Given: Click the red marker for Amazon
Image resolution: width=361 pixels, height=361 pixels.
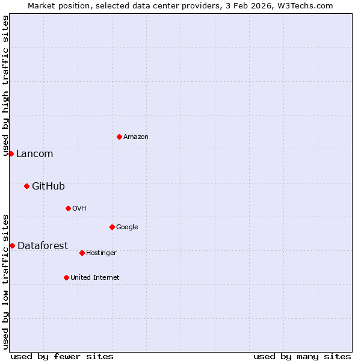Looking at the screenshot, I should (119, 137).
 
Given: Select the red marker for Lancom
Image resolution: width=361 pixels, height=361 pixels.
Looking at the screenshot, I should (11, 153).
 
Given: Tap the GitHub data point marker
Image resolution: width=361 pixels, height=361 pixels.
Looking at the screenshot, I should (26, 186).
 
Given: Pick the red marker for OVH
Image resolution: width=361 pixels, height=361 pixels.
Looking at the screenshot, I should (68, 208).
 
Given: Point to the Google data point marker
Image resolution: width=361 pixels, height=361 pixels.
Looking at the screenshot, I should (112, 227).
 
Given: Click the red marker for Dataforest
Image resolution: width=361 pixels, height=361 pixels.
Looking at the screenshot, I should (12, 245).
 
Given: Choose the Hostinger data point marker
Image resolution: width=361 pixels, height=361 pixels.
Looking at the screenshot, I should (82, 253).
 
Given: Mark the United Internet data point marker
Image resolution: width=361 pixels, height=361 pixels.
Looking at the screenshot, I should (66, 277).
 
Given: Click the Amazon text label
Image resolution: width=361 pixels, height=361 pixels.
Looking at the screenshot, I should (136, 137).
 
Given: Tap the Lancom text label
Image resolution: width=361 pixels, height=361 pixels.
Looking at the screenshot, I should (34, 154).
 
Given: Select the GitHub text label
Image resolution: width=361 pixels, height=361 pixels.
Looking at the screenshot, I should (48, 187).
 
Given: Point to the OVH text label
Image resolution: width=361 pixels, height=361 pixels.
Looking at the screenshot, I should (79, 209).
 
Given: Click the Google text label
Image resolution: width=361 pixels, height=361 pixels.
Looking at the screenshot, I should (127, 227).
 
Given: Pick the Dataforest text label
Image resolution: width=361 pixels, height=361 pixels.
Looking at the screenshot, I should (43, 245).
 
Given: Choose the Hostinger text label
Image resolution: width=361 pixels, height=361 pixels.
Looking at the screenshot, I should (101, 253).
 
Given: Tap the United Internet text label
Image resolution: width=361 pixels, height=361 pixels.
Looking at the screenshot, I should (94, 278).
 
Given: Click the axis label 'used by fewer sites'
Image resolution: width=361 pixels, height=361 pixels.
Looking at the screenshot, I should (62, 356).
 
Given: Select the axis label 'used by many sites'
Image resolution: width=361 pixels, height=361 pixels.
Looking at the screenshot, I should (302, 356).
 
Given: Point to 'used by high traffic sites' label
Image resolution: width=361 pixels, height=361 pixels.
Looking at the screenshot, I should (6, 86).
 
